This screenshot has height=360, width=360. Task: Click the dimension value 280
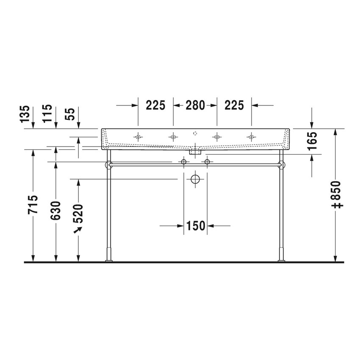click(195, 105)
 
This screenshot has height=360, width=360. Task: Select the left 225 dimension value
click(155, 105)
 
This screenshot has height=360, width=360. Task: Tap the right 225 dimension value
click(235, 105)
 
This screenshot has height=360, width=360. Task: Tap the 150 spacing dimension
click(195, 226)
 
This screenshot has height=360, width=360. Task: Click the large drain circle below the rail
click(195, 179)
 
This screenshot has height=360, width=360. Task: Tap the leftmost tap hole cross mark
click(138, 136)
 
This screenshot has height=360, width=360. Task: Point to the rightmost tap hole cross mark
click(252, 136)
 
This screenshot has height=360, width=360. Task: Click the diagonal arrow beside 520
click(78, 230)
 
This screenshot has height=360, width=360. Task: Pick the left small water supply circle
click(184, 162)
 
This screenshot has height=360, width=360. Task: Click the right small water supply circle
click(207, 162)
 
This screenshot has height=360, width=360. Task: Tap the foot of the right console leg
click(280, 259)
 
